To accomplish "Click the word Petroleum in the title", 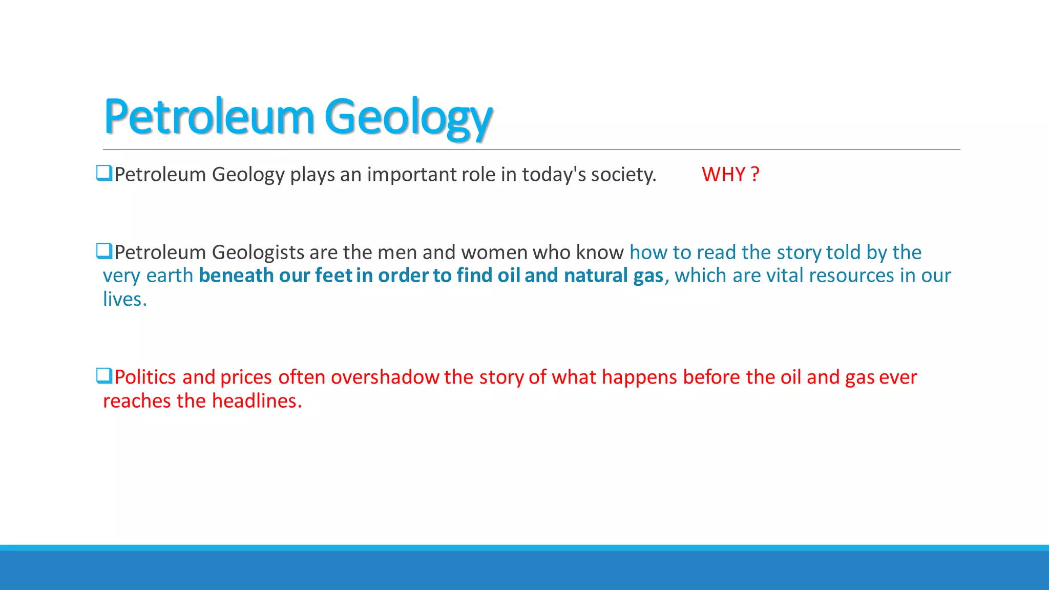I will click(x=208, y=117).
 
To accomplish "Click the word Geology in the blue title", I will click(x=408, y=117).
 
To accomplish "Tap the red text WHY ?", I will click(x=730, y=175).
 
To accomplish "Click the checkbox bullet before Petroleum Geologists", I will click(x=104, y=251).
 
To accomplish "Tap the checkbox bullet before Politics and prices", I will click(x=104, y=376).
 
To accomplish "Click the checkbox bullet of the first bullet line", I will click(x=104, y=173).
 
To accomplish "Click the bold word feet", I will click(x=333, y=276).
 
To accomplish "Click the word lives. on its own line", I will click(x=124, y=299).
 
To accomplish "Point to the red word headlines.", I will click(x=257, y=401).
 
